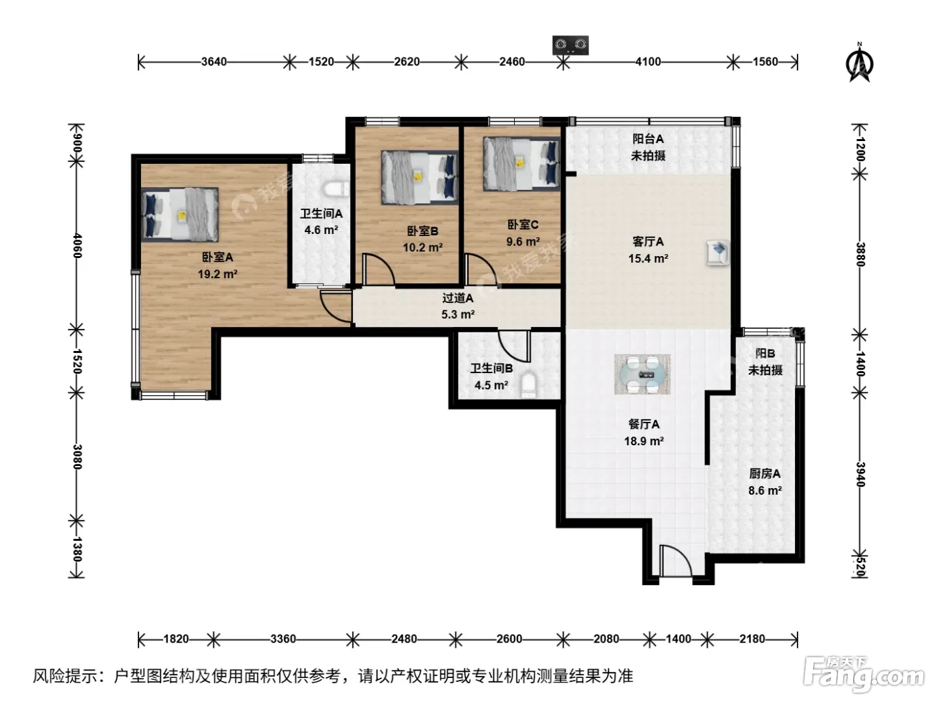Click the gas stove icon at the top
point(570,45)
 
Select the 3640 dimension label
point(214,62)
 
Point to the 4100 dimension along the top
point(648,62)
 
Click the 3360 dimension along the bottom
point(283,639)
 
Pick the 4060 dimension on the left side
point(77,245)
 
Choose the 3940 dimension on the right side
point(860,474)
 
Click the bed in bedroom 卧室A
point(180,215)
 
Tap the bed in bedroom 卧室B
point(420,177)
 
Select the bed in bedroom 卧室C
point(521,164)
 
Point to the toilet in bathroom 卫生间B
point(528,384)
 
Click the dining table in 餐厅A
point(642,374)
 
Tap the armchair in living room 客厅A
point(717,253)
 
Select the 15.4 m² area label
point(648,258)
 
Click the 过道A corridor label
point(457,298)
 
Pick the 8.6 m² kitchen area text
point(765,490)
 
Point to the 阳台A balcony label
point(648,138)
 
